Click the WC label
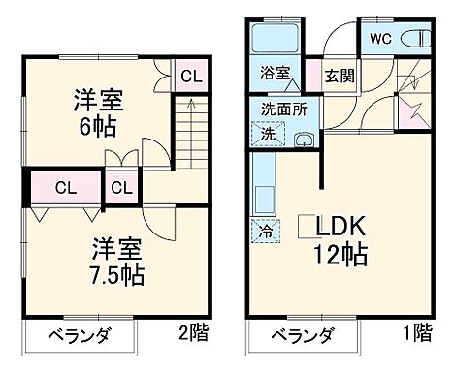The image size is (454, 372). tap(378, 39)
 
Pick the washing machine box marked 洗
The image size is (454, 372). tap(264, 135)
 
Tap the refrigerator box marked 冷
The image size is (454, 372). tap(264, 232)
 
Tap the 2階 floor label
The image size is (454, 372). tap(193, 335)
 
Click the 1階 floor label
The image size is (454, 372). tap(418, 335)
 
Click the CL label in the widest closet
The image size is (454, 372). tap(66, 187)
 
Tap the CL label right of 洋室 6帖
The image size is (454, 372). tap(191, 76)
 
